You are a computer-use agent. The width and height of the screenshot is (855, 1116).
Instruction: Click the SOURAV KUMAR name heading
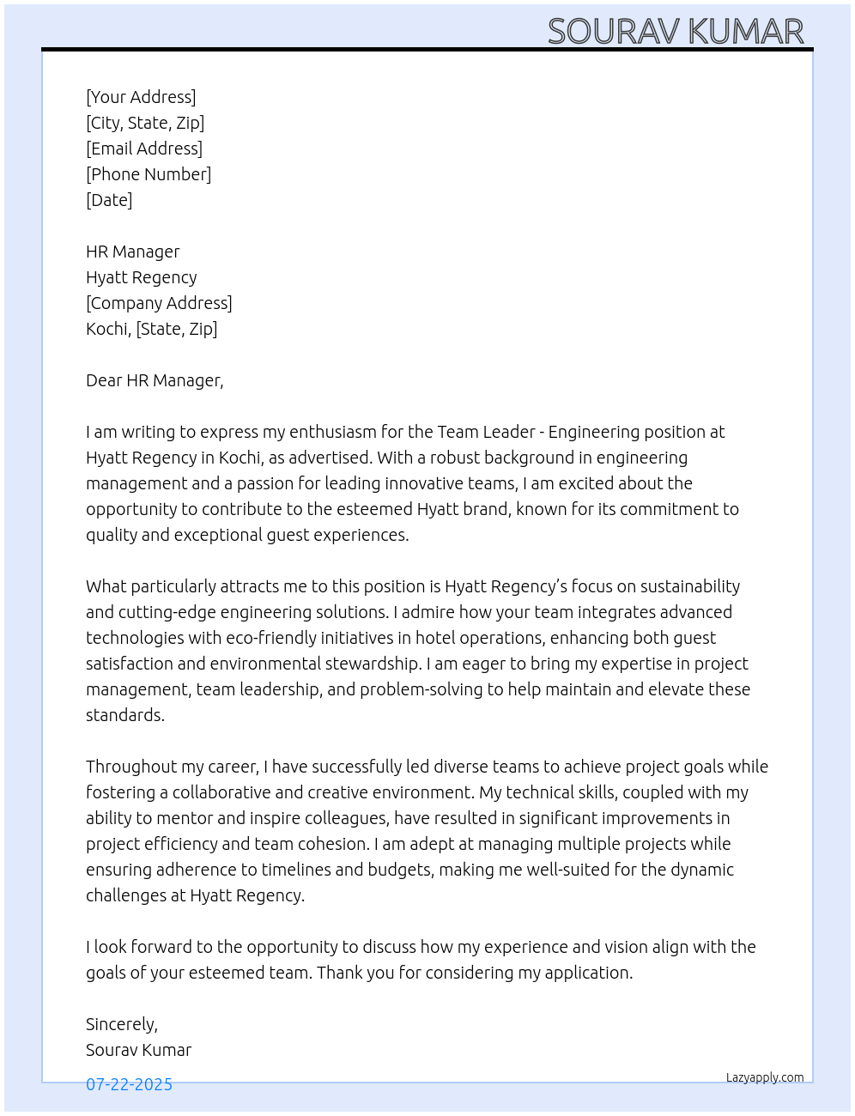(x=676, y=32)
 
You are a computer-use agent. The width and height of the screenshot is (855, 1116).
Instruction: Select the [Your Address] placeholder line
(x=141, y=97)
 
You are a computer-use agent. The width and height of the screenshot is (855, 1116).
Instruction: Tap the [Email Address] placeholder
(x=144, y=149)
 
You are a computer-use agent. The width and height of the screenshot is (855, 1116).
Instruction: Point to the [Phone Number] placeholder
(x=149, y=174)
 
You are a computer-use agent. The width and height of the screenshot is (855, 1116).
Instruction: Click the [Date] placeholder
(x=109, y=200)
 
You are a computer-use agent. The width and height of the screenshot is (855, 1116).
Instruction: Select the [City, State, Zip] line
(x=145, y=123)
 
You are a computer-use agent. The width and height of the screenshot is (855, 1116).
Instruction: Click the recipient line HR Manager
(x=133, y=252)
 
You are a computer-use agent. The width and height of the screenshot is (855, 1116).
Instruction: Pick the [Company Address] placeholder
(x=159, y=303)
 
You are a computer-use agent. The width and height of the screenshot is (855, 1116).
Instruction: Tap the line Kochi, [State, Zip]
(x=151, y=329)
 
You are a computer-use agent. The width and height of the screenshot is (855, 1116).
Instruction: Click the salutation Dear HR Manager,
(x=155, y=380)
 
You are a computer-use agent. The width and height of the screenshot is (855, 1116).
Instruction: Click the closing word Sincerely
(x=121, y=1024)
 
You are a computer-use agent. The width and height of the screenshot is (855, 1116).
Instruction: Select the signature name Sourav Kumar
(x=138, y=1050)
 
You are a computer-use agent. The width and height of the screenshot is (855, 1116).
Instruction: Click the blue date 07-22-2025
(x=129, y=1084)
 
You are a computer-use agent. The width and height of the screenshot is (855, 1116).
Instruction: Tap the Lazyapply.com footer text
(x=765, y=1077)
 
